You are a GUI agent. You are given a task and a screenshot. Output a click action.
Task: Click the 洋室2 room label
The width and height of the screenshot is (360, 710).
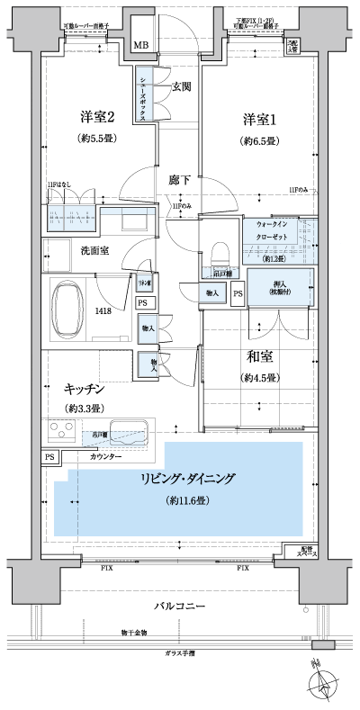tap(99, 117)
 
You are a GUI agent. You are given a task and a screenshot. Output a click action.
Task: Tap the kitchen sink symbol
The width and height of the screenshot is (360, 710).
tap(131, 430)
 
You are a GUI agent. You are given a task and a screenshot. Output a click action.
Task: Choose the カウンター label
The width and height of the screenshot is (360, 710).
tap(107, 457)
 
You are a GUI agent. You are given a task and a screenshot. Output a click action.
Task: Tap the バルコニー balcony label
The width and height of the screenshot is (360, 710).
tap(181, 605)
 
